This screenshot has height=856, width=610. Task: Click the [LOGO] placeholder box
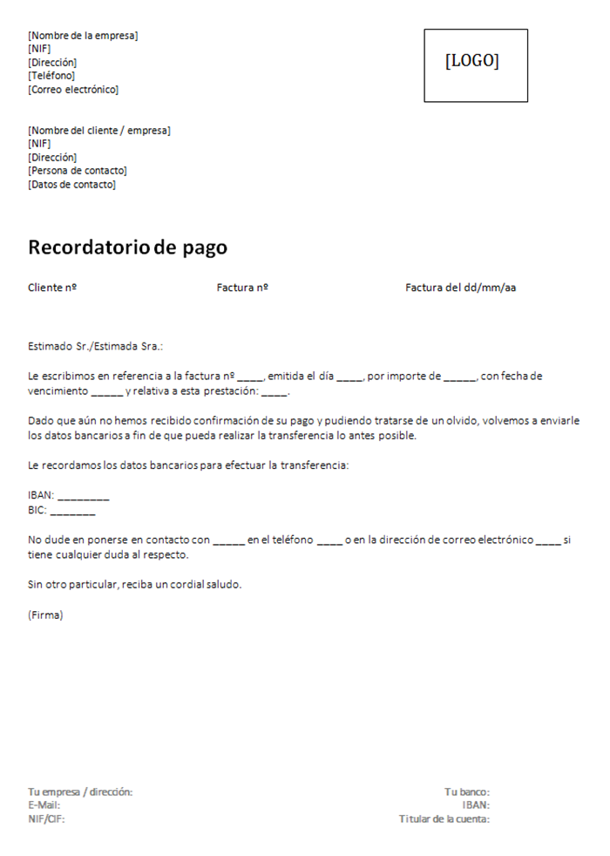coord(476,65)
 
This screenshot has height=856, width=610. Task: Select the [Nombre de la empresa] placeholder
coord(83,36)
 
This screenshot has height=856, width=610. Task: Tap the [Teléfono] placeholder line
coord(51,76)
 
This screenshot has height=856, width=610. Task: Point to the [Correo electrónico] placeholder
coord(73,90)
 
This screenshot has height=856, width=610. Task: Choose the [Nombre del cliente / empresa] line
coord(99,131)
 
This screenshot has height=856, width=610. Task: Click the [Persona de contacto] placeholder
coord(78,171)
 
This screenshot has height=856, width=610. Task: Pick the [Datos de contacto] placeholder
coord(71,185)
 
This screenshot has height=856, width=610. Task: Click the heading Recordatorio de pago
coord(127,248)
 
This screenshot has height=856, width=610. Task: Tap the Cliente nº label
coord(52,288)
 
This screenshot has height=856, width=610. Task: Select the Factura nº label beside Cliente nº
coord(241,288)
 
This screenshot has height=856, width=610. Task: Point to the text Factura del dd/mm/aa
coord(460,288)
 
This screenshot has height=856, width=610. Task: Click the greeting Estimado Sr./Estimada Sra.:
coord(96,346)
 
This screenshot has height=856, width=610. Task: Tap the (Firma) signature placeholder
coord(45,615)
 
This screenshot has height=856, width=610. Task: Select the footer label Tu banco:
coord(466,792)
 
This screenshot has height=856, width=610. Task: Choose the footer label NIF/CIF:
coord(46,819)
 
